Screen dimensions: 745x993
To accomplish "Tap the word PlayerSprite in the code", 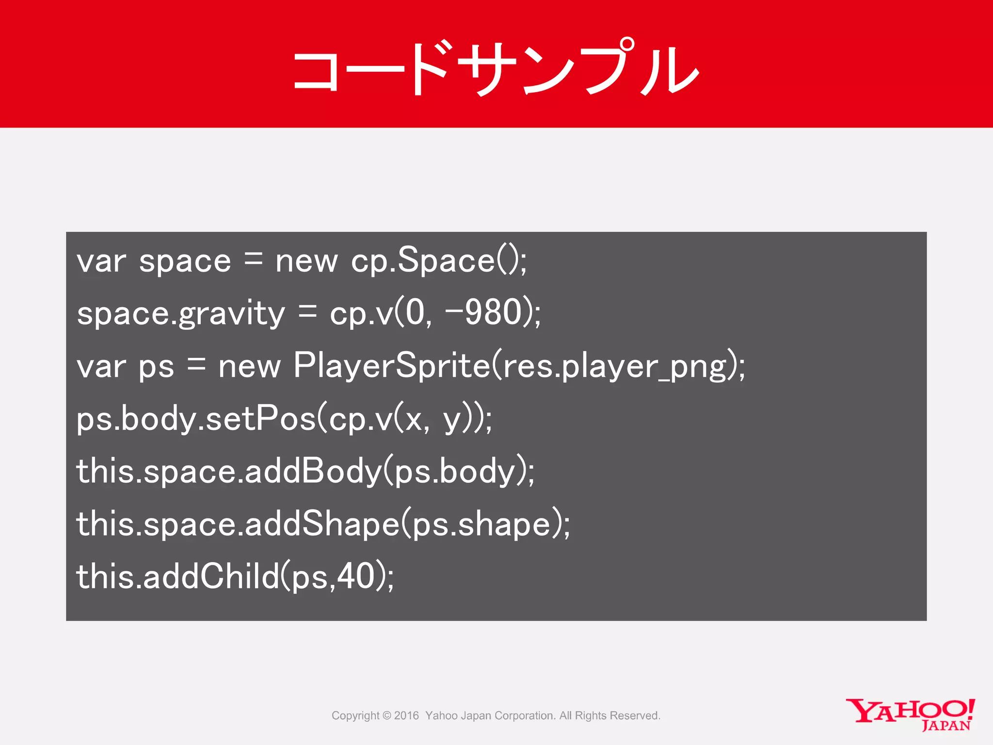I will point(392,366).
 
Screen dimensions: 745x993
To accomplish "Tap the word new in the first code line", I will point(306,261).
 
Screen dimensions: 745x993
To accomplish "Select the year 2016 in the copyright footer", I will point(406,715).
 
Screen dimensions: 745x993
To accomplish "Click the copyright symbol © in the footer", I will point(386,715).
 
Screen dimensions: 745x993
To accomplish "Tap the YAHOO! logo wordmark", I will point(910,710).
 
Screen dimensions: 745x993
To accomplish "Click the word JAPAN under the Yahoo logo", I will point(946,726).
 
